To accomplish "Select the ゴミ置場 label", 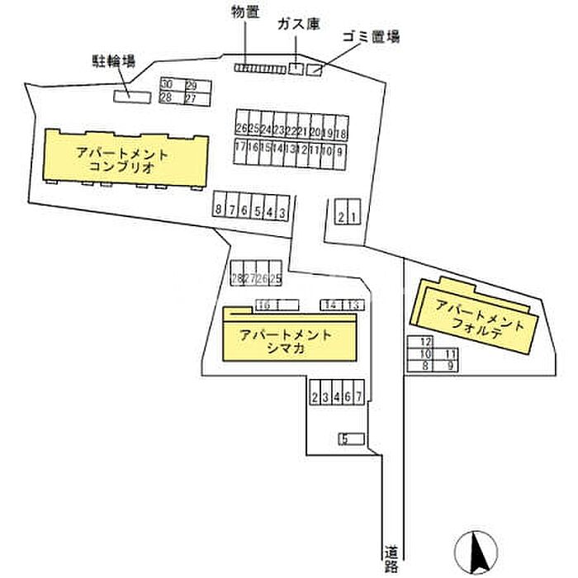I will (371, 37).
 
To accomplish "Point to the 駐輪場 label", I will (113, 60).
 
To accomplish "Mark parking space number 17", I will (240, 149).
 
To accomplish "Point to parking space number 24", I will (266, 130).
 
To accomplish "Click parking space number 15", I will (265, 149).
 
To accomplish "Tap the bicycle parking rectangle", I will (132, 97).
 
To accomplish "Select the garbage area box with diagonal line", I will (314, 70).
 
